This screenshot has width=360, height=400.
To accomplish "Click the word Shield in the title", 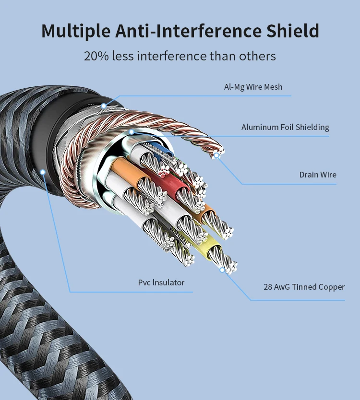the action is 293,31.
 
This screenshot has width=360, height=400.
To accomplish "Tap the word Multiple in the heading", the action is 76,31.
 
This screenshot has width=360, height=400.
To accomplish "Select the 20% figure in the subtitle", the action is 96,56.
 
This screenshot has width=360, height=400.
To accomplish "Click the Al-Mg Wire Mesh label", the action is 253,87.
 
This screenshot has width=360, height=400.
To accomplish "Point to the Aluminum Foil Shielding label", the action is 285,127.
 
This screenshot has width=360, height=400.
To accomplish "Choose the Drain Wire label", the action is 318,175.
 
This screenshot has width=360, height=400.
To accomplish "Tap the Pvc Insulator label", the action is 161,282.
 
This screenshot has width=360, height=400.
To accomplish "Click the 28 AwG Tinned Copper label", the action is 304,287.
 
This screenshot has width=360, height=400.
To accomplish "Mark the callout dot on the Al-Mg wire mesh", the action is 103,106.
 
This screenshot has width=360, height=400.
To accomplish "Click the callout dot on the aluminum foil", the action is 132,132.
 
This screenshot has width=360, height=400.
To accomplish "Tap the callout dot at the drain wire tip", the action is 216,155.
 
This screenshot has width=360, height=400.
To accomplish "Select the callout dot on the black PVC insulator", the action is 43,172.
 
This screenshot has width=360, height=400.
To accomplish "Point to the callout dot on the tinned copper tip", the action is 222,270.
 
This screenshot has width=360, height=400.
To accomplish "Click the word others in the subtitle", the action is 257,56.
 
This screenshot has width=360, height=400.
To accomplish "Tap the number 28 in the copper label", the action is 268,287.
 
